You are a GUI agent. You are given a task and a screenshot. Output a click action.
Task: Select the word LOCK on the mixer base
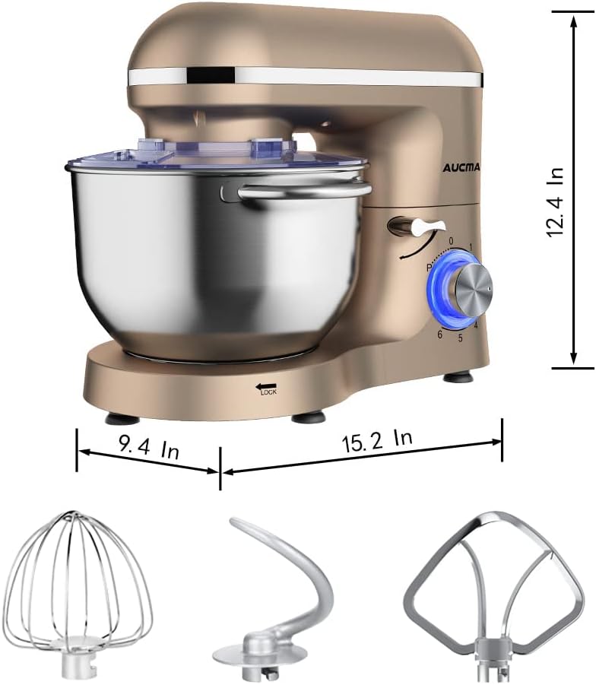click(268, 392)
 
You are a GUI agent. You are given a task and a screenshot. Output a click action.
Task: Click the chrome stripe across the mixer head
click(304, 77)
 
